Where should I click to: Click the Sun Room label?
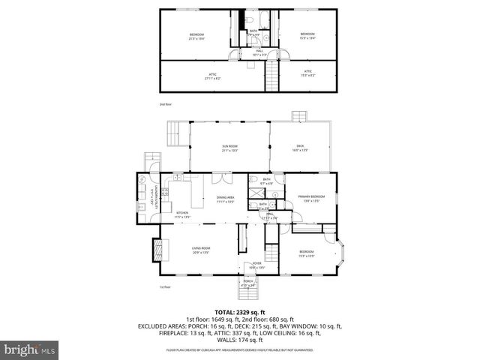pos(229,148)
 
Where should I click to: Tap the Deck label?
pos(299,148)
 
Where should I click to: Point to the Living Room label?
pos(200,250)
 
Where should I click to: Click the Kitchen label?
pos(183,214)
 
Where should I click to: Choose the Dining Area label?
pos(226,199)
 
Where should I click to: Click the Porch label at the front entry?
pos(247,283)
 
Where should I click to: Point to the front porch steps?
pos(247,295)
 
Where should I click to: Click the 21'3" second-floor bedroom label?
pos(196,36)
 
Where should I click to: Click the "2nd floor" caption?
pos(166,104)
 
